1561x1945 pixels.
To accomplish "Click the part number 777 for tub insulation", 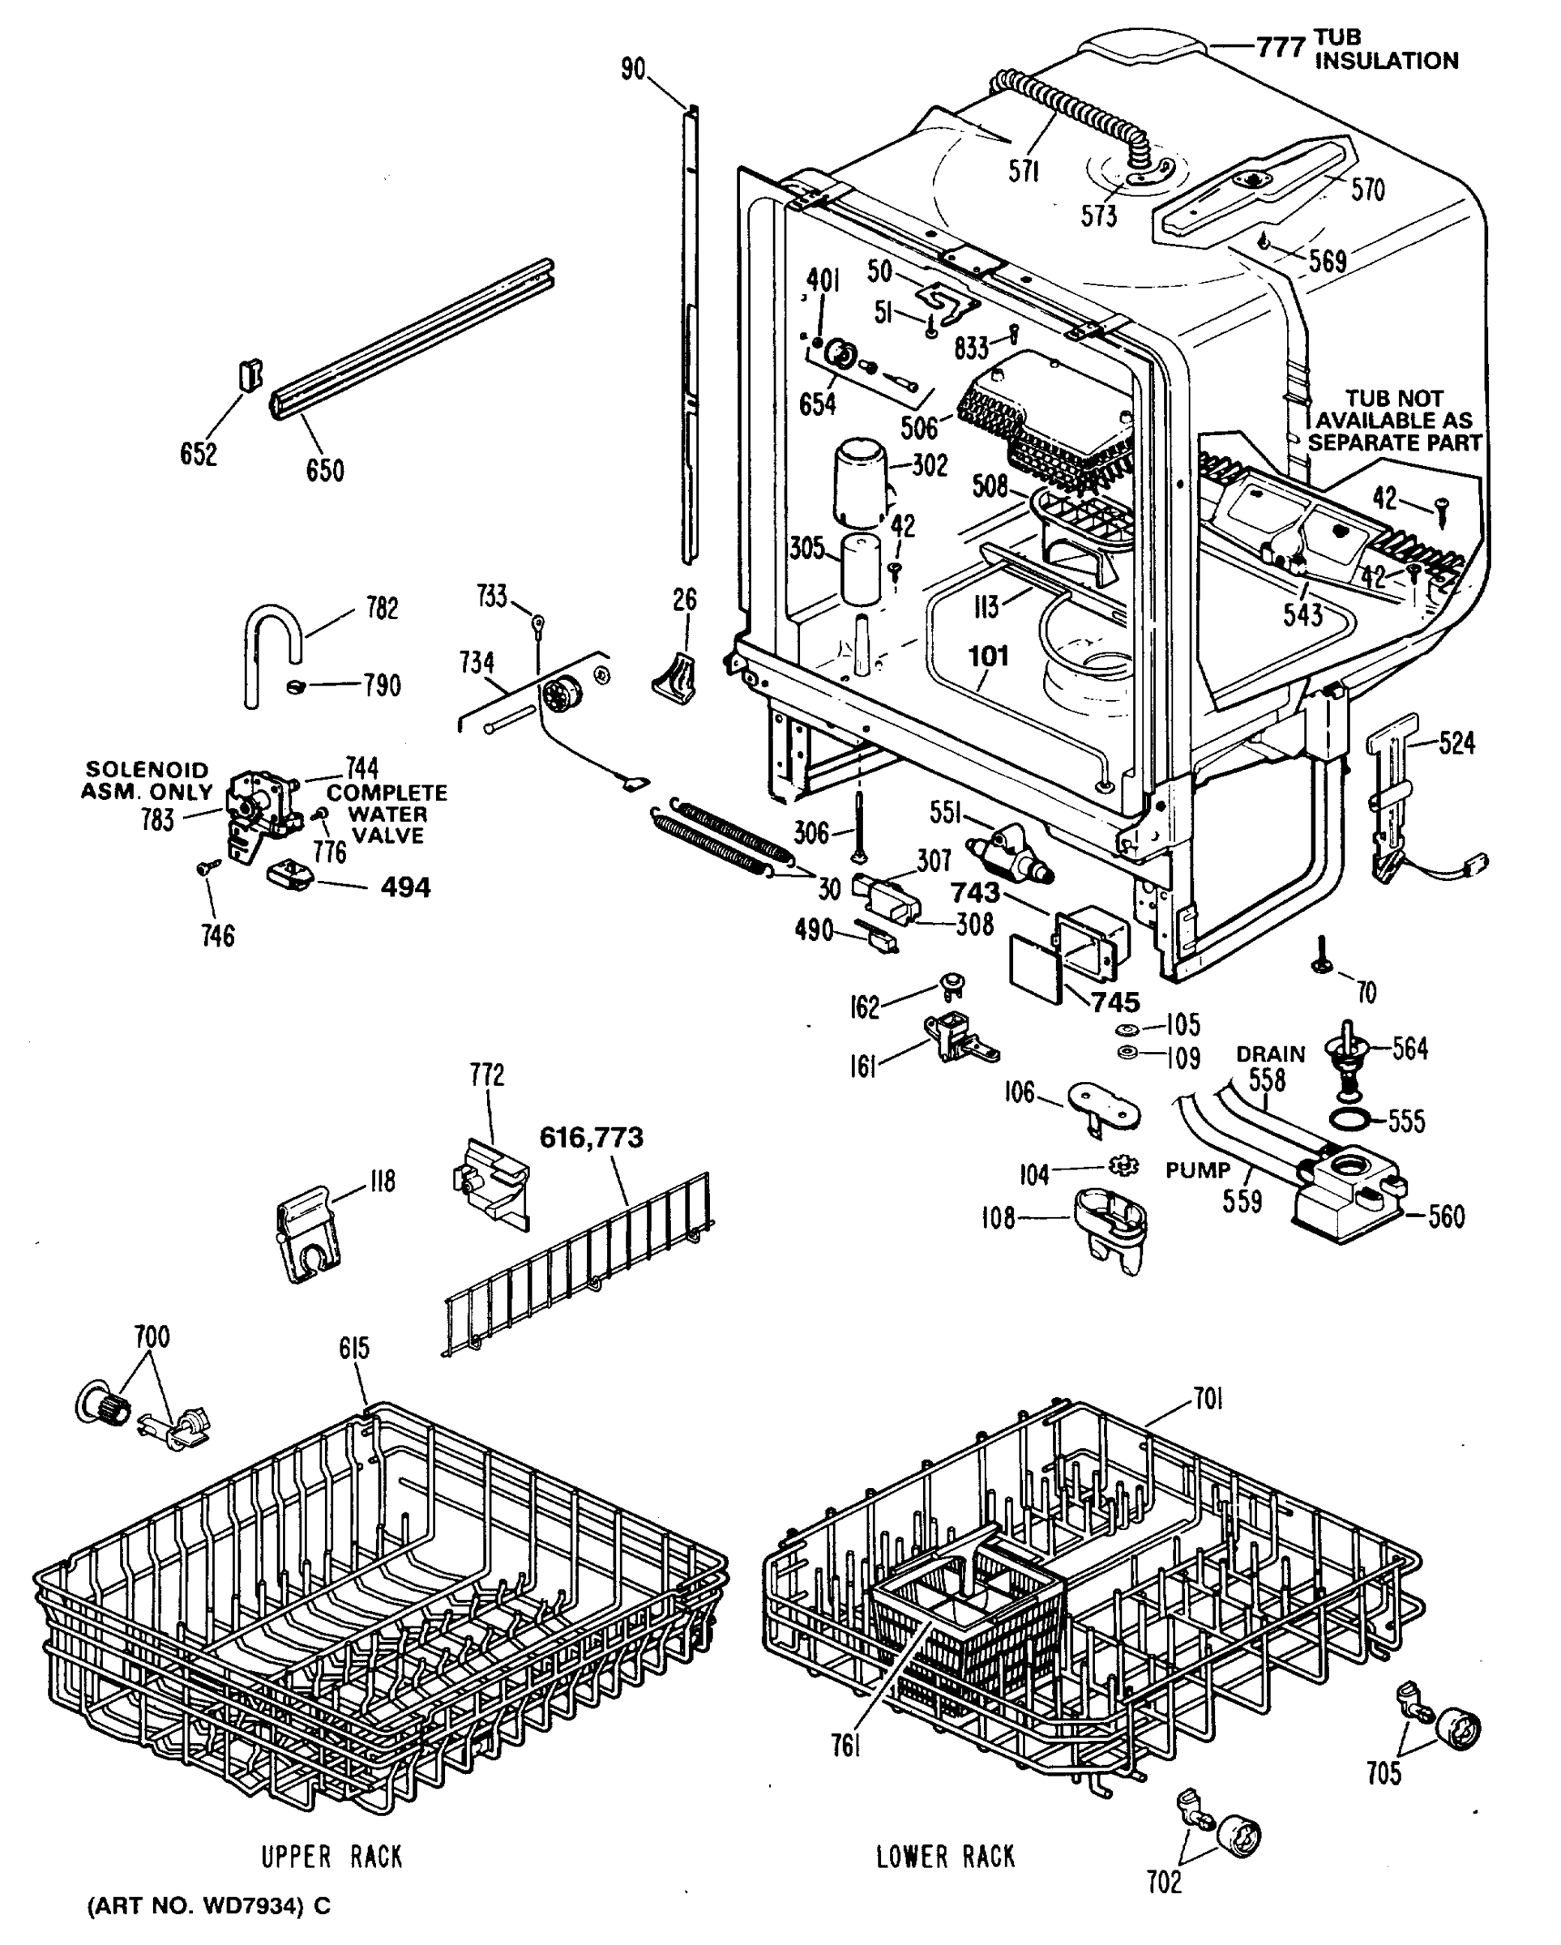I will (x=1281, y=46).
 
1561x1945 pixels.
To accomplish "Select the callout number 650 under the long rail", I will (x=324, y=470).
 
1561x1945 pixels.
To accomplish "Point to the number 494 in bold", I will (x=405, y=887).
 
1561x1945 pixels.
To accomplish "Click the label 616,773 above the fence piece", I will (x=591, y=1138).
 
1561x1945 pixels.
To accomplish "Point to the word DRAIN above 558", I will (x=1269, y=1054).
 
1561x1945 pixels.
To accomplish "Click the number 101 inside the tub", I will (x=988, y=656).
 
